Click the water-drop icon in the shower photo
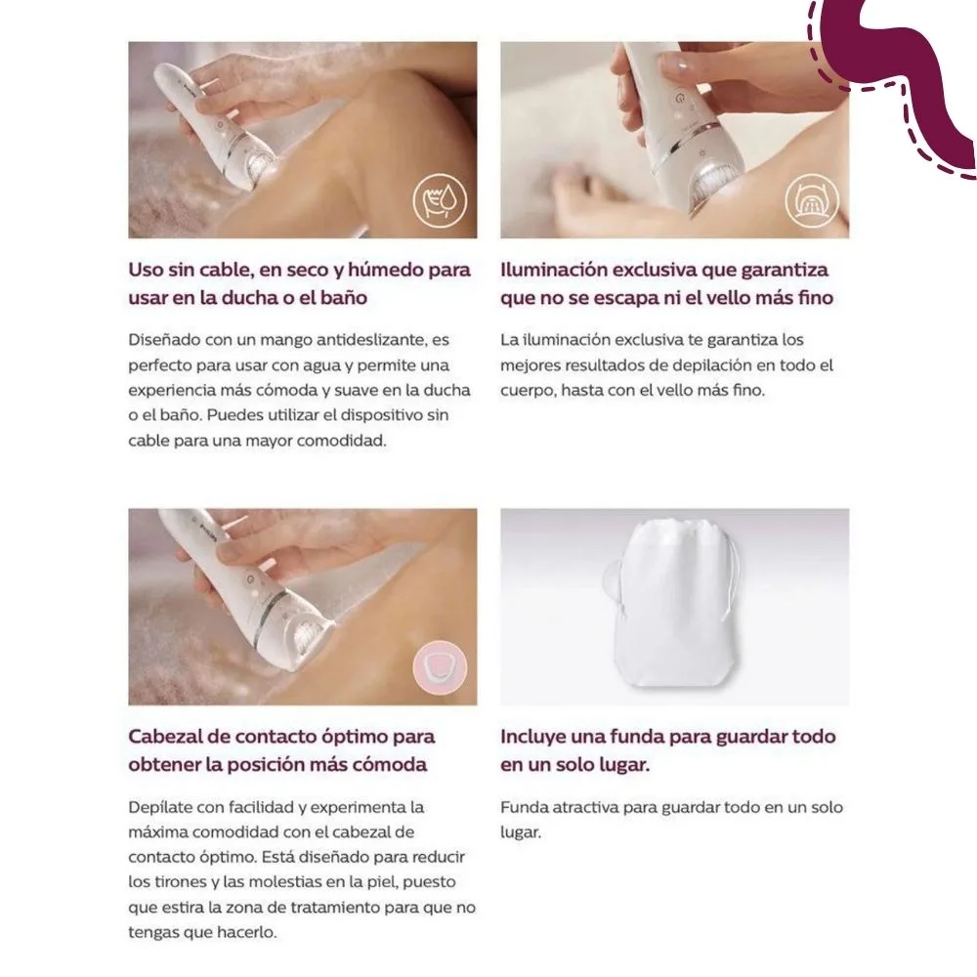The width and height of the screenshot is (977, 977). (440, 200)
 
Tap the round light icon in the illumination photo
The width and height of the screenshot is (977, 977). (811, 200)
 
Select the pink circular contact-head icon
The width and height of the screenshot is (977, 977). (440, 667)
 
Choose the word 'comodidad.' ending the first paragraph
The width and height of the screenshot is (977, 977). (341, 441)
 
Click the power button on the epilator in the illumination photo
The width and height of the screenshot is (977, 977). (679, 100)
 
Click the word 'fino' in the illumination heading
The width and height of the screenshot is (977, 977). (816, 297)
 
